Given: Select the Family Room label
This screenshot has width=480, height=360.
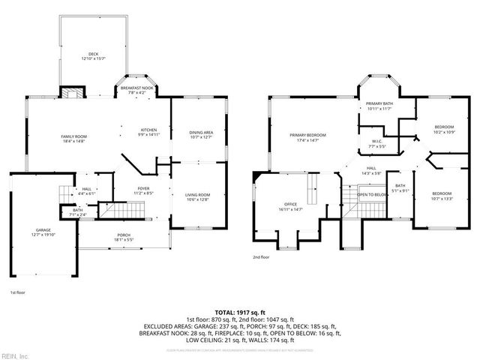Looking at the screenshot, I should [x=74, y=138].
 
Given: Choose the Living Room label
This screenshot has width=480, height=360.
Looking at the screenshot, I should [x=198, y=197].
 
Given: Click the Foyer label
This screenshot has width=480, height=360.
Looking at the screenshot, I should [x=143, y=190].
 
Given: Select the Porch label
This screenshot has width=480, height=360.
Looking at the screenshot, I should [x=124, y=238].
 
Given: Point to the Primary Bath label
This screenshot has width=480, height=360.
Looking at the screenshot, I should [x=379, y=106].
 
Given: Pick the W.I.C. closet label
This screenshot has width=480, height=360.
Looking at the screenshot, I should [x=377, y=143].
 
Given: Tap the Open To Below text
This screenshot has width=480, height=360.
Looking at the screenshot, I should [x=371, y=194].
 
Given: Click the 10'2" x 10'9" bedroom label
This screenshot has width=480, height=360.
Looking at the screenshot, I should [x=445, y=130].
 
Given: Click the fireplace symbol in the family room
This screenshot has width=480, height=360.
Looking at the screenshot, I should [x=73, y=94].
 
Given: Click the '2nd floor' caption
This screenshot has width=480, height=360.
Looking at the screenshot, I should [x=261, y=256].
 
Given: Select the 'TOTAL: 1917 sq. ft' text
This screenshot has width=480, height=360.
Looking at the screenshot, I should [x=240, y=310].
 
